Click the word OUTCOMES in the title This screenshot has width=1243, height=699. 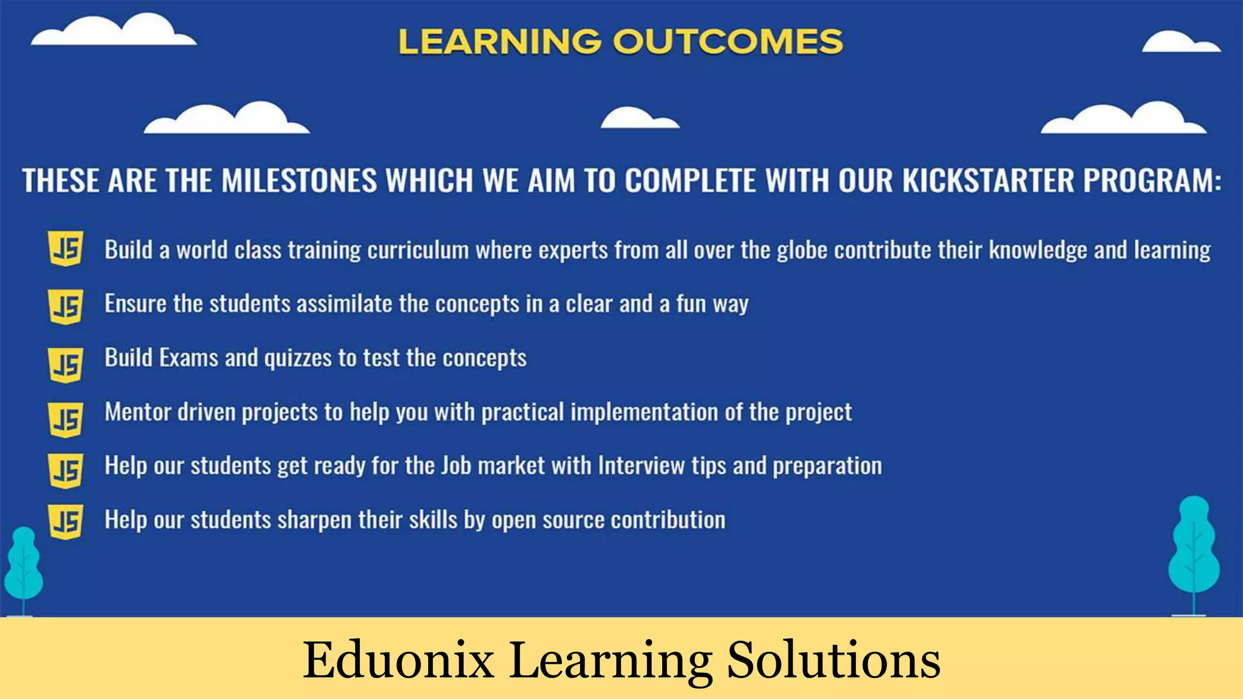pos(728,42)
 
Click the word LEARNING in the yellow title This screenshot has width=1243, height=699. pos(500,42)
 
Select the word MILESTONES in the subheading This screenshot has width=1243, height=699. pos(299,181)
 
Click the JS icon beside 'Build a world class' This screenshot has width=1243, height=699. pos(66,249)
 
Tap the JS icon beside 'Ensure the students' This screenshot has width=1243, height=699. pos(66,306)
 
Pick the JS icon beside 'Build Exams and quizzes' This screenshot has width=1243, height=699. pos(66,365)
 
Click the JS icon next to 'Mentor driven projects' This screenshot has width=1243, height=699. pos(66,419)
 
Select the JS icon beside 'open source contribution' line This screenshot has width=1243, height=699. pos(66,522)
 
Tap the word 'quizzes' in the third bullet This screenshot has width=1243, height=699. pos(298,359)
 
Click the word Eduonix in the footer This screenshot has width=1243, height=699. pos(398,660)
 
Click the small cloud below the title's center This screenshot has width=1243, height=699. pos(639,118)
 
